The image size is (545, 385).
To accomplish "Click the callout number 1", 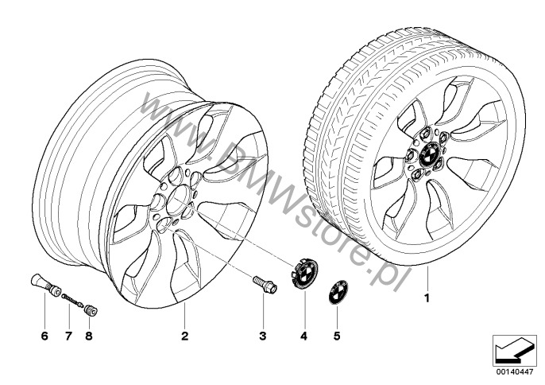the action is pos(427,298).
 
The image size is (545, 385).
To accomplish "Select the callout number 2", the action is pos(184,336).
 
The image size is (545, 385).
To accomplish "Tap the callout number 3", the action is pos(263,336).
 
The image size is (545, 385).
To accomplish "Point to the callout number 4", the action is pos(304,336).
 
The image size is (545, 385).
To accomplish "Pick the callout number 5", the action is pos(337,336).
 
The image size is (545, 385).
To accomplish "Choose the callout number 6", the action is pos(44,336).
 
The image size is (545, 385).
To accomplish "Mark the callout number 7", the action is pos(68,336).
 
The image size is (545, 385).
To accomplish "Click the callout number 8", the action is pos(89,336).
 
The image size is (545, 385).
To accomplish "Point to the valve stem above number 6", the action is pos(44,285).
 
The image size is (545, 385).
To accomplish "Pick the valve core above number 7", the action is pos(73,301).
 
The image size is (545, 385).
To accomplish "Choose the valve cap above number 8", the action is pos(91,309).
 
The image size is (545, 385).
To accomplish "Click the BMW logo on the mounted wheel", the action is pos(430,154).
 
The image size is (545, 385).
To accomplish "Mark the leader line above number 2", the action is pos(184,315).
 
